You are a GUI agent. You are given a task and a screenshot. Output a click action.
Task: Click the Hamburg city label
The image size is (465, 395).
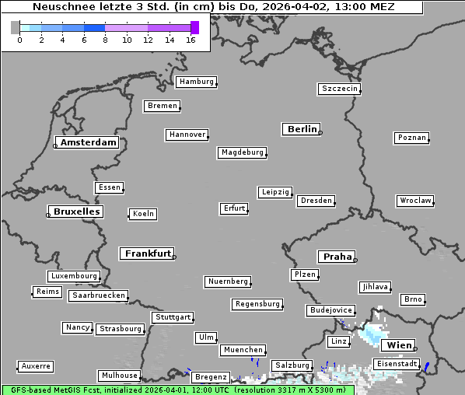click(195, 82)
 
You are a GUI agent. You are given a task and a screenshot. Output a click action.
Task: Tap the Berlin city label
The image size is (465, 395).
click(302, 129)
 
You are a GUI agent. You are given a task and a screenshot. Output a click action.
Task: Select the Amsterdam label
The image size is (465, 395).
click(88, 142)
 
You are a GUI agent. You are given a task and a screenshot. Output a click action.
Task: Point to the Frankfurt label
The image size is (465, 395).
click(148, 253)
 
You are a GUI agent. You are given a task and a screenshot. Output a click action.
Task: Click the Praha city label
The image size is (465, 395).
click(337, 257)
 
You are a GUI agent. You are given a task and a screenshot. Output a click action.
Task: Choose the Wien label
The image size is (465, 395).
click(398, 345)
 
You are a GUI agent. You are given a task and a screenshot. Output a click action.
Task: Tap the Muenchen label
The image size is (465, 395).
click(243, 351)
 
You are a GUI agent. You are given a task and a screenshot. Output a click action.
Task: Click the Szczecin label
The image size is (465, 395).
click(339, 89)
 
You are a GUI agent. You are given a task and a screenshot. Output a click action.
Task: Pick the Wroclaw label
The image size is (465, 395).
click(414, 201)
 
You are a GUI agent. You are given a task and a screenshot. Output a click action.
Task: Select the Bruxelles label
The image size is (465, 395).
click(76, 211)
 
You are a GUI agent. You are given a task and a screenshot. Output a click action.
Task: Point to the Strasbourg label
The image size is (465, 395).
click(121, 329)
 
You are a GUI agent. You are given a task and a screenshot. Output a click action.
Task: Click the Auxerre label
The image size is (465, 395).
click(36, 365)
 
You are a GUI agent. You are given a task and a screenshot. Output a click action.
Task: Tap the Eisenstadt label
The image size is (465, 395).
click(397, 364)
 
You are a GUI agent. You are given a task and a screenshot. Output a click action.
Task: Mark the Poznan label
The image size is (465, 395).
click(411, 138)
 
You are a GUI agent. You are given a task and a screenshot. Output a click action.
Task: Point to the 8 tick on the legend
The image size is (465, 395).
click(105, 40)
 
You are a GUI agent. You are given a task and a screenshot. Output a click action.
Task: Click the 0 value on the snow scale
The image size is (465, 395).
click(19, 40)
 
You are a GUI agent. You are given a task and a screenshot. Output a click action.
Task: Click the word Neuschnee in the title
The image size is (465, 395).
click(59, 7)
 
